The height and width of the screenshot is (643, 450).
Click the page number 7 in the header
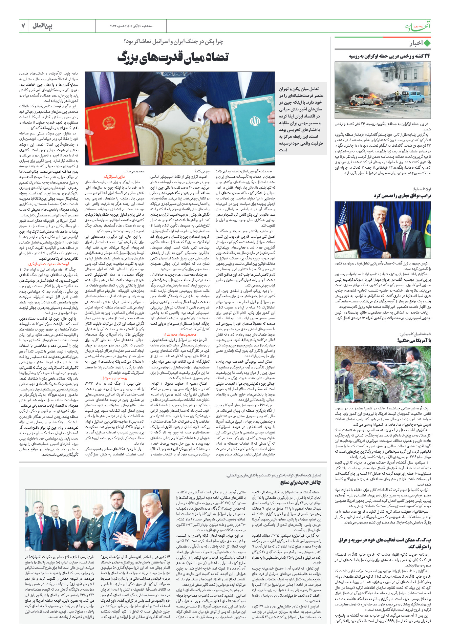tap(23, 26)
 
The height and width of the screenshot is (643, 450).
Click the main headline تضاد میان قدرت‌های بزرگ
tap(173, 57)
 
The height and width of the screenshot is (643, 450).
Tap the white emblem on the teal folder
tap(255, 121)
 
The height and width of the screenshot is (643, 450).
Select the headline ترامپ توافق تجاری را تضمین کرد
tap(402, 196)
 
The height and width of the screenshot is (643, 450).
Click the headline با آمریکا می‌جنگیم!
tap(414, 340)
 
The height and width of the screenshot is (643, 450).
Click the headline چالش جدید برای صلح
tap(300, 482)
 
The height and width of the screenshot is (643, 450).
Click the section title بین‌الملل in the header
tap(43, 26)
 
